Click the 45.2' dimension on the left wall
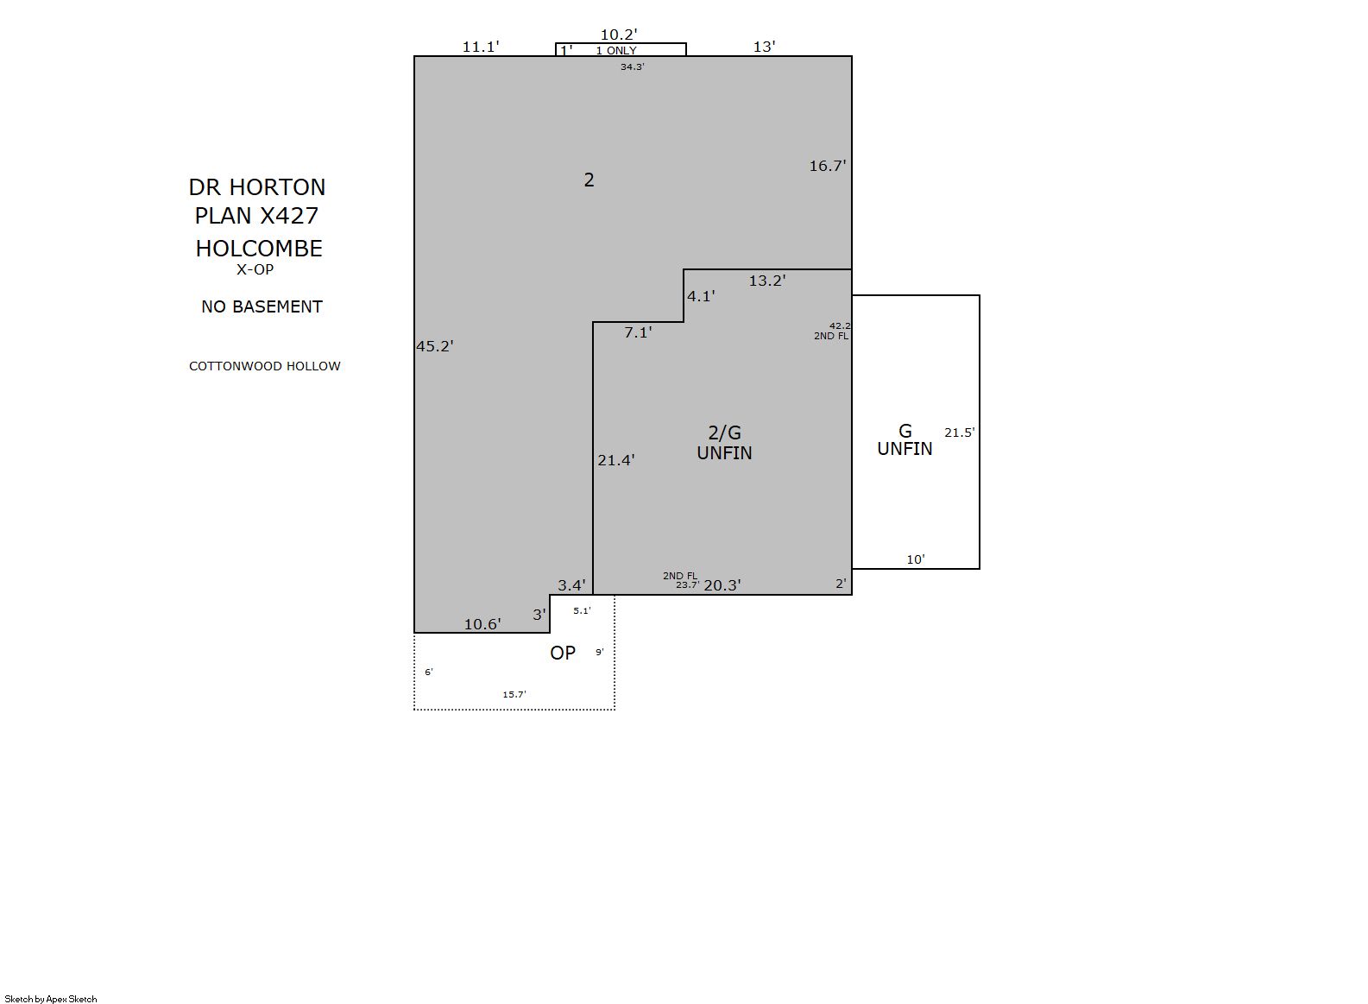[x=435, y=346]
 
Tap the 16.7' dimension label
[x=828, y=166]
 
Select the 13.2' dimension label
[x=767, y=281]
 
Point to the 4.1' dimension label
[x=701, y=296]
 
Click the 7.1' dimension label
[x=638, y=332]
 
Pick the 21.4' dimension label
[x=616, y=460]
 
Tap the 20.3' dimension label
[x=722, y=585]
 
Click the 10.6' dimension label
[x=482, y=624]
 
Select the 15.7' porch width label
[x=514, y=694]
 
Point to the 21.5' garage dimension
[x=960, y=433]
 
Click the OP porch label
[x=563, y=653]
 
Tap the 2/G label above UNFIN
[x=724, y=433]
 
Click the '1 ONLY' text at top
[x=616, y=51]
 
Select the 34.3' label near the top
[x=633, y=66]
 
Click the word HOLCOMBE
[x=259, y=249]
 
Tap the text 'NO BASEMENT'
[x=262, y=306]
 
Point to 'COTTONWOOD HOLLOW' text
[x=264, y=366]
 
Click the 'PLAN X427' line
[x=256, y=216]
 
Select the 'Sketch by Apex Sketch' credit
[x=51, y=999]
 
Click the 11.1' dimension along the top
[x=481, y=47]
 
